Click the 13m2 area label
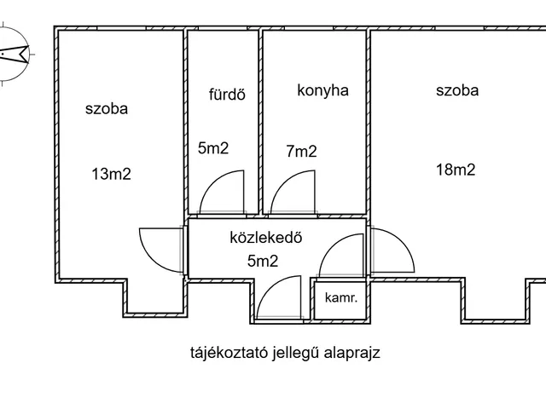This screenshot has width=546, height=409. pyautogui.click(x=112, y=174)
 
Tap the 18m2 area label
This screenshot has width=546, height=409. pyautogui.click(x=456, y=169)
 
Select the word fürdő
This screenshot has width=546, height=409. pyautogui.click(x=226, y=95)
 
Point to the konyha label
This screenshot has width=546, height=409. pyautogui.click(x=322, y=90)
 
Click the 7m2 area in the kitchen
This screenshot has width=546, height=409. pyautogui.click(x=301, y=152)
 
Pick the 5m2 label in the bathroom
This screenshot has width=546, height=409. pyautogui.click(x=213, y=148)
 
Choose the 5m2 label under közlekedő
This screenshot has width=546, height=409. pyautogui.click(x=262, y=262)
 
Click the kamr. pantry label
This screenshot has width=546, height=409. pyautogui.click(x=340, y=297)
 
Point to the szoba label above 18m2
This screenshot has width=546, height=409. pyautogui.click(x=457, y=90)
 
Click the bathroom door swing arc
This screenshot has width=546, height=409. pyautogui.click(x=222, y=193)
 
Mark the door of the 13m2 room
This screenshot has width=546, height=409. pyautogui.click(x=160, y=248)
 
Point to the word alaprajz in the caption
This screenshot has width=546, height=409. pyautogui.click(x=351, y=353)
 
